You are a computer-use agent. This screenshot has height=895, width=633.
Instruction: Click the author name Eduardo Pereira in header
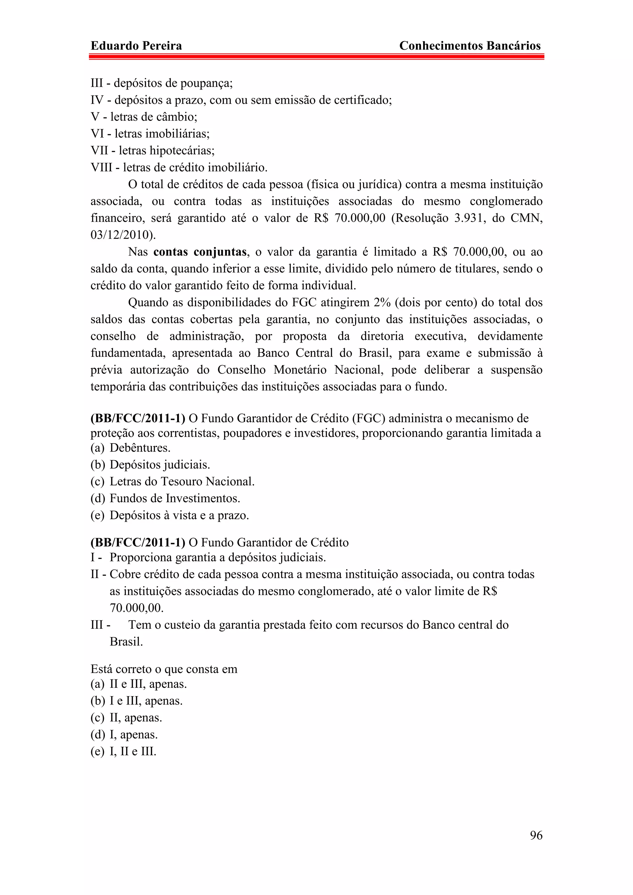(x=136, y=46)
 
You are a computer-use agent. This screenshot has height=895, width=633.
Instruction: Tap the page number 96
(x=536, y=835)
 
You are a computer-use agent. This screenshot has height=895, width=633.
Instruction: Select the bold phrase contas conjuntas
(x=200, y=252)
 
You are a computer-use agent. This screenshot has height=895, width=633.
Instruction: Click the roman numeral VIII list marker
(x=101, y=168)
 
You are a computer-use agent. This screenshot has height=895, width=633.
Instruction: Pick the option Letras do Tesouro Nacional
(x=182, y=481)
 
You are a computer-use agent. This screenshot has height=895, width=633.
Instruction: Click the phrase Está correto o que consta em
(x=164, y=669)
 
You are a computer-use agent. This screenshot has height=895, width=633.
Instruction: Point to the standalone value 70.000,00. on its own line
(x=137, y=608)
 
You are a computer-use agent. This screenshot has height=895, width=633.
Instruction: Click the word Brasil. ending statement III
(x=126, y=642)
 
